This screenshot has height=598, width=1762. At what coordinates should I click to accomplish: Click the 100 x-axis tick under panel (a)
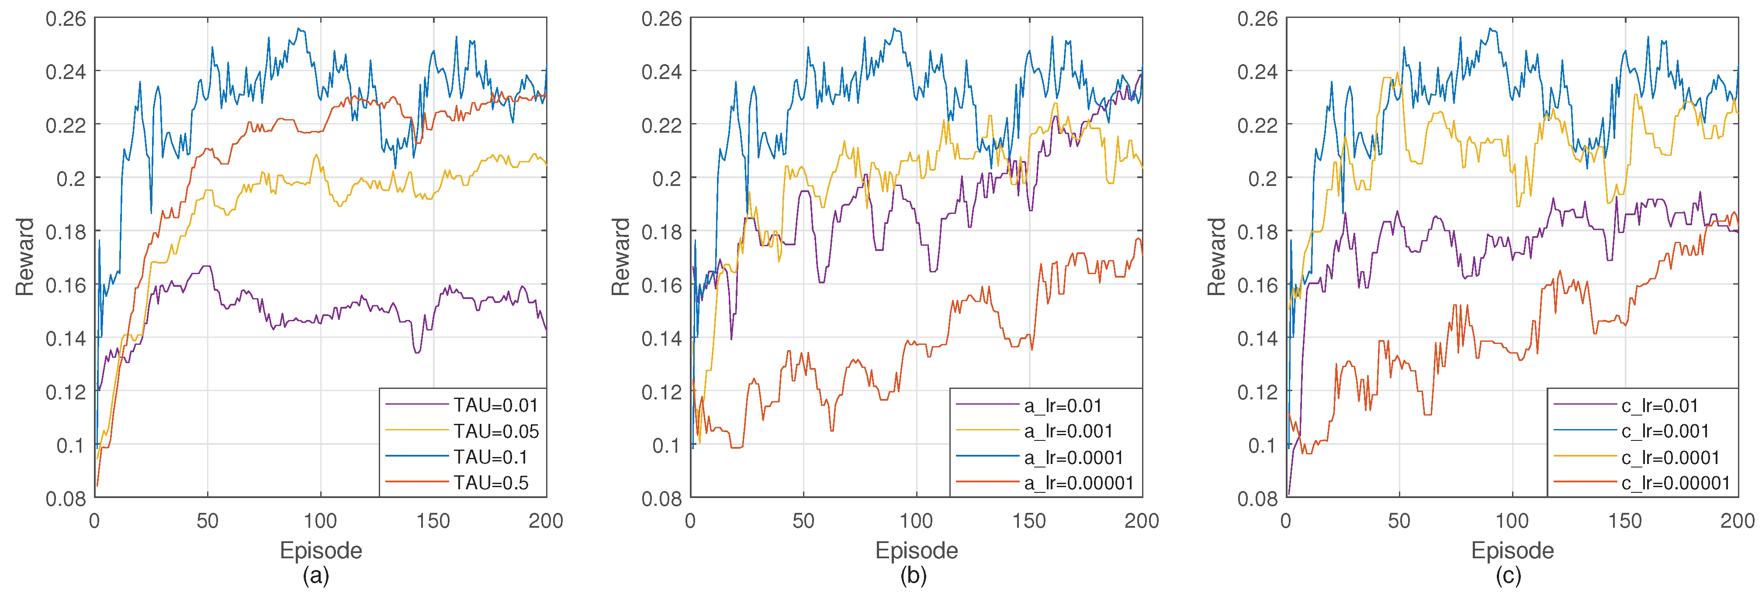(x=320, y=521)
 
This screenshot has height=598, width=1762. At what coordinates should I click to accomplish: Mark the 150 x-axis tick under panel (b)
(x=1029, y=521)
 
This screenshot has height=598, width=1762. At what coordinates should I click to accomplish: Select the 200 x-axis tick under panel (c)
(x=1738, y=521)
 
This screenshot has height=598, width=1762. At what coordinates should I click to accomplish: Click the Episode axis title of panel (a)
(x=320, y=550)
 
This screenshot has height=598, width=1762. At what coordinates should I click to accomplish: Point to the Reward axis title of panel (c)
(x=1216, y=257)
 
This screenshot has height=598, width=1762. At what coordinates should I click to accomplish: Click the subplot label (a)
(x=316, y=576)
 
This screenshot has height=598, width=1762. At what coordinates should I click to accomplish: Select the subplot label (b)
(x=913, y=576)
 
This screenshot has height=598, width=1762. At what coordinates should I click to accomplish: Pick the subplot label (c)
(x=1508, y=576)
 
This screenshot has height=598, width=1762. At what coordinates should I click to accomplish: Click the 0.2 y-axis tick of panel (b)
(x=667, y=179)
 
